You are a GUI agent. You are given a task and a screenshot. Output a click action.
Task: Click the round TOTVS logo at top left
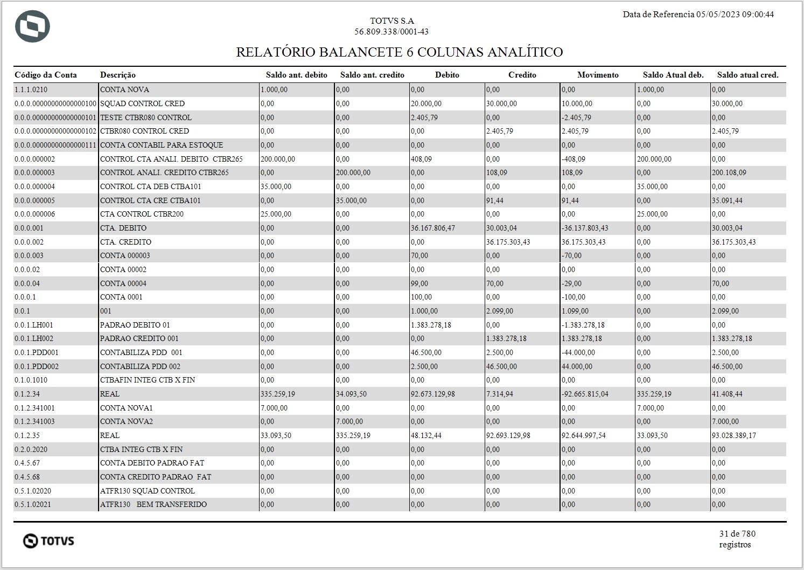[x=32, y=26]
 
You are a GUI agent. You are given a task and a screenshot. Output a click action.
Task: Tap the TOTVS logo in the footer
[x=48, y=540]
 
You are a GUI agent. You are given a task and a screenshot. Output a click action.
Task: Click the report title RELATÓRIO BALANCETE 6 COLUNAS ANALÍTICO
[x=399, y=52]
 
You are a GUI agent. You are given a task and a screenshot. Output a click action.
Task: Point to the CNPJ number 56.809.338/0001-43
[x=391, y=32]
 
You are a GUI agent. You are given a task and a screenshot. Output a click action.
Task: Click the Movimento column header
[x=598, y=75]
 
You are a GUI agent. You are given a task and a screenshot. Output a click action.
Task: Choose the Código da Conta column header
[x=46, y=75]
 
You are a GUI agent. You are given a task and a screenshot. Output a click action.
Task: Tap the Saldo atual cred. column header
[x=747, y=75]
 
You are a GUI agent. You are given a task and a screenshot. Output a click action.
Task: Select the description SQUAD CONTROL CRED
[x=142, y=103]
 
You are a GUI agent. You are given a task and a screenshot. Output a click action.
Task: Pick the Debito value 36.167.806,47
[x=432, y=228]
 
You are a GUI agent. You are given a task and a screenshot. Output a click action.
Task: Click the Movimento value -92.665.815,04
[x=585, y=394]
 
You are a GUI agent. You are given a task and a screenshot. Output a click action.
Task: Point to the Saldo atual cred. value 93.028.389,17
[x=733, y=435]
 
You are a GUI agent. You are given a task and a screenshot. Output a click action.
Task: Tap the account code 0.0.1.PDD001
[x=37, y=352]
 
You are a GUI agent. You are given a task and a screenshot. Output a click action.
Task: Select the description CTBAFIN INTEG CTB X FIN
[x=148, y=380]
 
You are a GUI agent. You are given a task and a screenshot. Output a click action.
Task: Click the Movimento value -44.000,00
[x=578, y=352]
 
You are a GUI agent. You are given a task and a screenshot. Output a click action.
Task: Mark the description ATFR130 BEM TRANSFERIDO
[x=153, y=504]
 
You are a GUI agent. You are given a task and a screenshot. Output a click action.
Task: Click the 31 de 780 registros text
[x=737, y=539]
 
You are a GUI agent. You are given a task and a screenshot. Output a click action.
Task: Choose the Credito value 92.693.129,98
[x=508, y=435]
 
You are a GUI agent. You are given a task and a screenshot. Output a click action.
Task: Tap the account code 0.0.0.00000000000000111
[x=55, y=145]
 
